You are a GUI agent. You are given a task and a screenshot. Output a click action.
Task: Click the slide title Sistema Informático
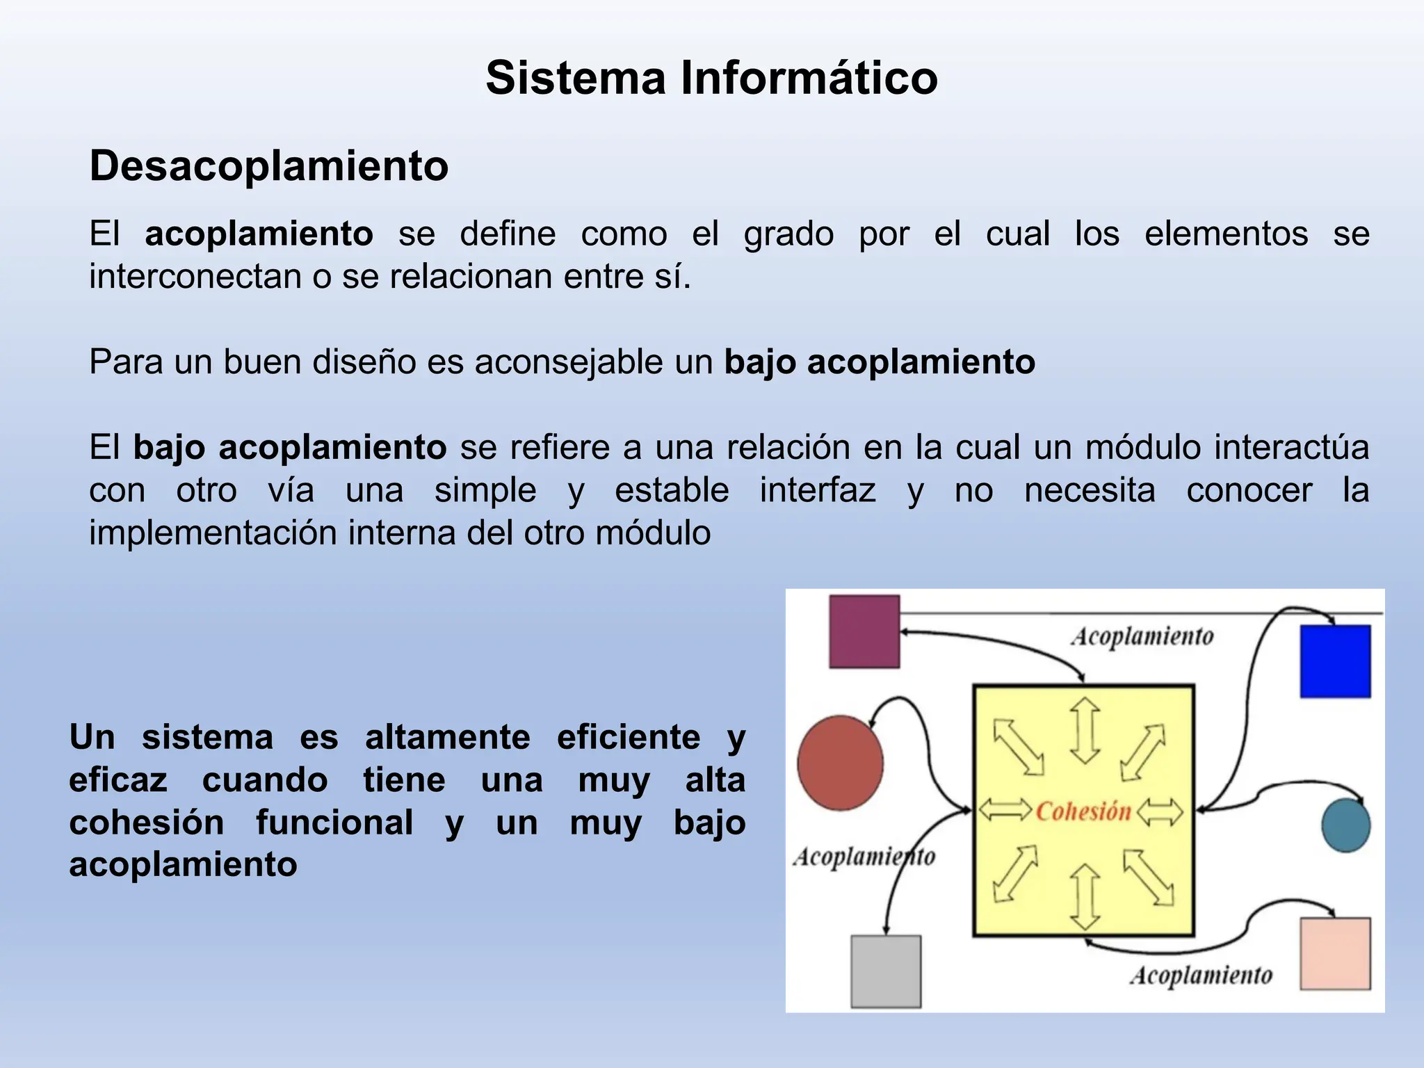pos(711,77)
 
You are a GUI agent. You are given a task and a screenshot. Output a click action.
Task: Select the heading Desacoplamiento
pos(269,166)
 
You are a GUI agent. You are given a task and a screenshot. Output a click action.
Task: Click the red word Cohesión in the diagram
pos(1083,811)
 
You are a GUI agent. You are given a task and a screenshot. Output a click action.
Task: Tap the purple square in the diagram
pos(864,631)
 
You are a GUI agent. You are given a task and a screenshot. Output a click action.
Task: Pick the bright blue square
pos(1335,661)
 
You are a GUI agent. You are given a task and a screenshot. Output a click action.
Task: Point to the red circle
pos(840,763)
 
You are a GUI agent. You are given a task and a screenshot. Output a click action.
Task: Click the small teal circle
pos(1345,825)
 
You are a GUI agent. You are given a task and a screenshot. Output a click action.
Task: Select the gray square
pos(886,971)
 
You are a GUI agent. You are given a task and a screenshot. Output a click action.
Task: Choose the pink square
pos(1335,953)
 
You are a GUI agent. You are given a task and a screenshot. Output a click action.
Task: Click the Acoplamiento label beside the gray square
pos(864,857)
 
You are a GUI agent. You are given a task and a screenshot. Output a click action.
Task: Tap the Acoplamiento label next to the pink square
pos(1201,976)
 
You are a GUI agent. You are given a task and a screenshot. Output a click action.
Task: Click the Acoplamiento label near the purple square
pos(1142,636)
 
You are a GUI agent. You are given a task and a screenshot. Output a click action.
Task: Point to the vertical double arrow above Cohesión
pos(1085,731)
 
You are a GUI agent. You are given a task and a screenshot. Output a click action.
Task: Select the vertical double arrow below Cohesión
pos(1085,897)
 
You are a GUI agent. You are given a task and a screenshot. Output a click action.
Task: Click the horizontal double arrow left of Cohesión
pos(1005,810)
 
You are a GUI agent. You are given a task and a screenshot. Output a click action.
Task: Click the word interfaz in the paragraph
pos(817,490)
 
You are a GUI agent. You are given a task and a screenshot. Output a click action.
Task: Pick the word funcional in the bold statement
pos(334,823)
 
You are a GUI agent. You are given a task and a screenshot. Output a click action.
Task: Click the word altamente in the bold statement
pos(447,737)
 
